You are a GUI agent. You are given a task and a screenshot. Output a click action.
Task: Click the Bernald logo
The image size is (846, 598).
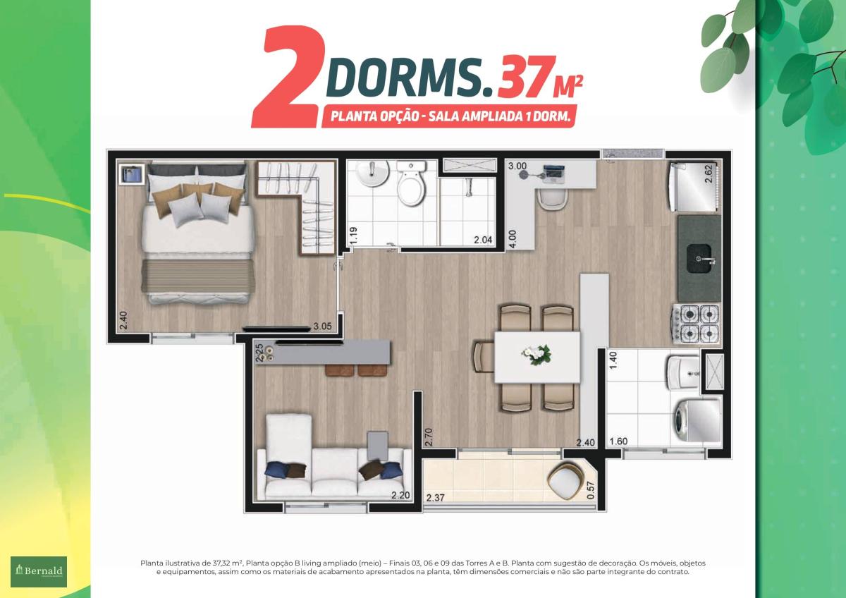click(39, 572)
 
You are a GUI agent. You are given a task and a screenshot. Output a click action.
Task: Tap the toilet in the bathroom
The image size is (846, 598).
click(411, 183)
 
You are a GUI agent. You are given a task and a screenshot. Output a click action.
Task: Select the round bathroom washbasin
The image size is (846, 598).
click(372, 173)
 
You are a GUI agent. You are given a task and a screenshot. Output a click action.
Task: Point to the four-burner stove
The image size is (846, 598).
click(695, 324)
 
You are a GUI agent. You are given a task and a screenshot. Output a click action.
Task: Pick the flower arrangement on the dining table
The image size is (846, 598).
click(537, 354)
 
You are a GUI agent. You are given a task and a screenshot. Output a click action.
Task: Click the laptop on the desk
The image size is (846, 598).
click(554, 174)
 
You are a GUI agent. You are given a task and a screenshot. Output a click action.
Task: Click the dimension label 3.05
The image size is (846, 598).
click(322, 327)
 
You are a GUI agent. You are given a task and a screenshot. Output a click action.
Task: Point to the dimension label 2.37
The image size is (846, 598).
click(435, 498)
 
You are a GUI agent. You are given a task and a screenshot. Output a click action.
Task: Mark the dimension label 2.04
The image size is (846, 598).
click(483, 240)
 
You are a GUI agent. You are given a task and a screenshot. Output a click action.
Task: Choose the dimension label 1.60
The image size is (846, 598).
click(619, 441)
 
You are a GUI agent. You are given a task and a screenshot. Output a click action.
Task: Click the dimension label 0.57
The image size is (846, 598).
click(591, 490)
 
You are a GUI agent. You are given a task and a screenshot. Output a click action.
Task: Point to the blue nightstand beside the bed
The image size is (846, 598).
click(130, 173)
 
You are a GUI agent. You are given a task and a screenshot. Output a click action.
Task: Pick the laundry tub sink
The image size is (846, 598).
click(683, 372)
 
